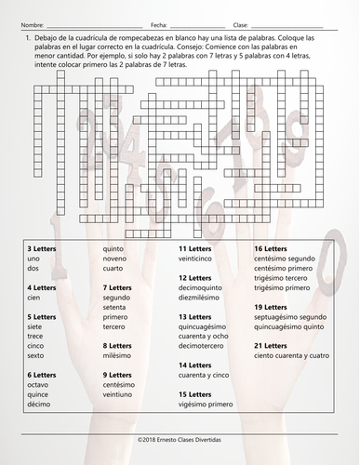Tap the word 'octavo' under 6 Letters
point(37,384)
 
